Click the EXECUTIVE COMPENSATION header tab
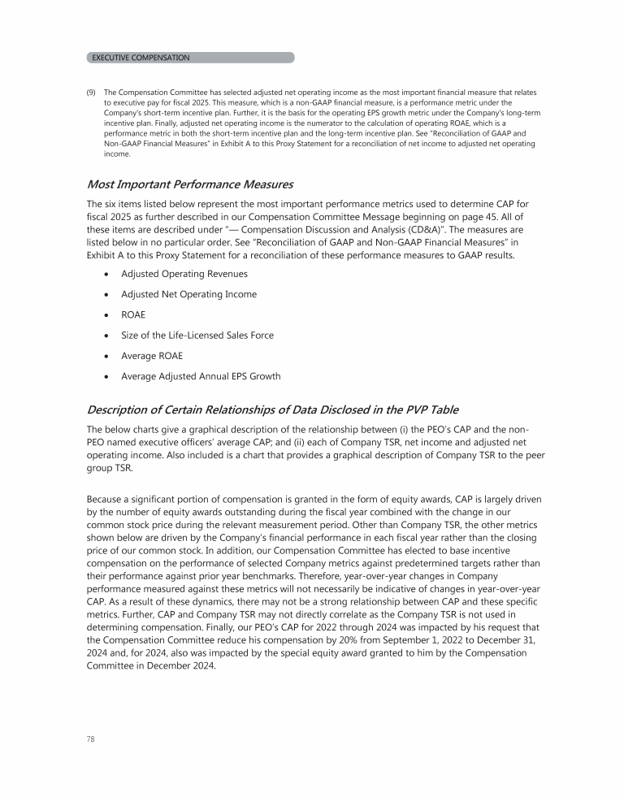click(x=141, y=58)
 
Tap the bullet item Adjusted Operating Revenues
click(x=184, y=274)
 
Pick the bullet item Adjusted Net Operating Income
click(x=188, y=294)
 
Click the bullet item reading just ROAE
click(x=134, y=314)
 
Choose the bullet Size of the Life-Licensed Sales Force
click(x=197, y=335)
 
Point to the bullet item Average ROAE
click(x=151, y=355)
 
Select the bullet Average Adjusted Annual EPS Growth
click(x=201, y=375)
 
